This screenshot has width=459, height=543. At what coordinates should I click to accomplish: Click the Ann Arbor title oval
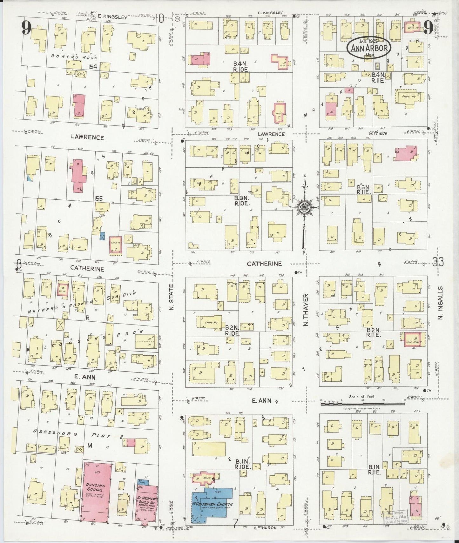[369, 48]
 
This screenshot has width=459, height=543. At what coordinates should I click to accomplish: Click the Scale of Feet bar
[362, 404]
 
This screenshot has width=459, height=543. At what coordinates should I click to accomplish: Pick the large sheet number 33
[438, 262]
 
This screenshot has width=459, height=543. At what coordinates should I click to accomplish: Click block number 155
[98, 198]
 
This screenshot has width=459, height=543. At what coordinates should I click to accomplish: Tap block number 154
[93, 66]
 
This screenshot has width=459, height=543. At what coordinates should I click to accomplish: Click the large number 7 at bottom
[235, 523]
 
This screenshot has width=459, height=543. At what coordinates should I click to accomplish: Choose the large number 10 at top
[159, 19]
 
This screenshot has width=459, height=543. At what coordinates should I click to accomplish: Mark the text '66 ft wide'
[378, 133]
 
